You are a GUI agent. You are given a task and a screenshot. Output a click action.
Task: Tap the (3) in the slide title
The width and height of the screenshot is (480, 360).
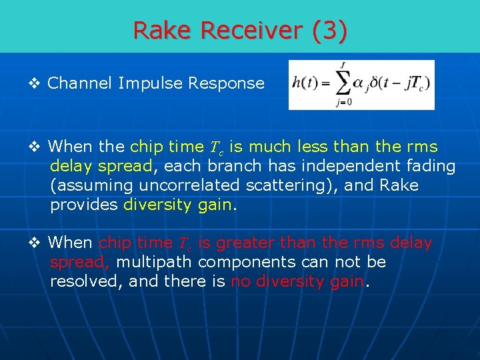(x=331, y=30)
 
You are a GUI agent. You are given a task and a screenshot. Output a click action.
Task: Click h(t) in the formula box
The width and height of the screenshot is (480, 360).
(x=305, y=84)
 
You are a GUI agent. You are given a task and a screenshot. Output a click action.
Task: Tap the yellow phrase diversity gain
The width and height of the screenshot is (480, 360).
(x=179, y=204)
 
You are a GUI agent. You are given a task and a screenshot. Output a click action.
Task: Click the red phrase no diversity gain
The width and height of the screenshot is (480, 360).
(x=297, y=281)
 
